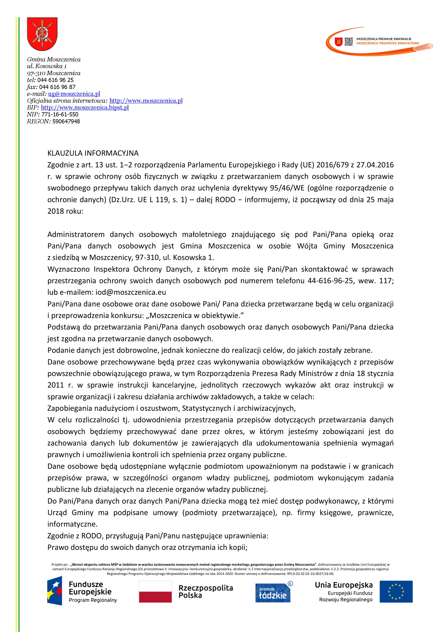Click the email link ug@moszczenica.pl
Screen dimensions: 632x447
[x=74, y=94]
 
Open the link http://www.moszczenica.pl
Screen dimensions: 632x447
[x=146, y=101]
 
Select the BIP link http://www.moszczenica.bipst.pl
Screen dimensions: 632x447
[x=85, y=108]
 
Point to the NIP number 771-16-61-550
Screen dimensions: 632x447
[x=60, y=115]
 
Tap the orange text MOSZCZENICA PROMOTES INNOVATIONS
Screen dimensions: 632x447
[x=388, y=43]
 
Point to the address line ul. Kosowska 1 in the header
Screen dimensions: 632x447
[x=47, y=66]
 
